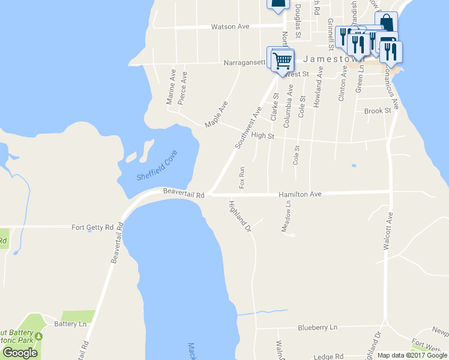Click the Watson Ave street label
(229, 27)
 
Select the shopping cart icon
(282, 60)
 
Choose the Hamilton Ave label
(300, 194)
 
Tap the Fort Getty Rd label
(92, 227)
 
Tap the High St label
(262, 136)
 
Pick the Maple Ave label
(216, 114)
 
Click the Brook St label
(378, 111)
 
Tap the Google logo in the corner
(20, 353)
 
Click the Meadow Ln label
(286, 217)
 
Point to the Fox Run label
(242, 177)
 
